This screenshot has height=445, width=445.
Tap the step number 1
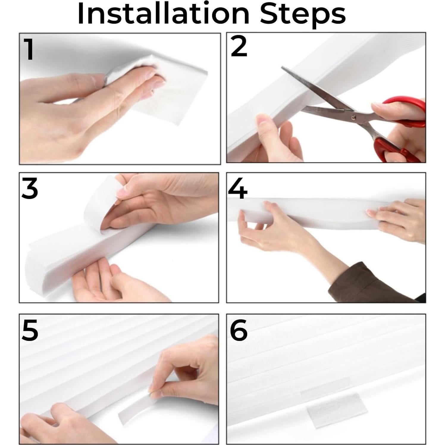(x=29, y=49)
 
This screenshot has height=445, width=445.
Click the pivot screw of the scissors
(x=353, y=118)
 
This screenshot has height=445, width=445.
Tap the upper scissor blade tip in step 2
(x=283, y=68)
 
